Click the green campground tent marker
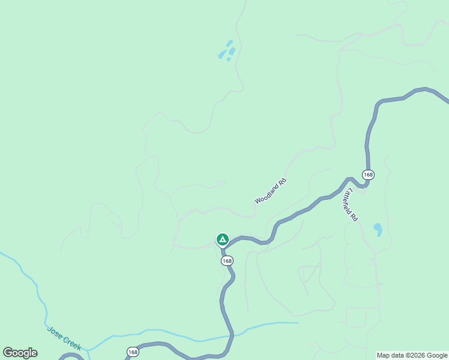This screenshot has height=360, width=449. (222, 240)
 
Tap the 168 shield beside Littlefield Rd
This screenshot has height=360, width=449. (368, 175)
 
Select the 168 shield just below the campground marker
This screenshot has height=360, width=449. (227, 261)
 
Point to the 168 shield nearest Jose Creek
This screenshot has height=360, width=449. (133, 352)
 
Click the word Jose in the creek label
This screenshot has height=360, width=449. (55, 331)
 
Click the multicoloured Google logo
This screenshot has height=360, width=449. (20, 353)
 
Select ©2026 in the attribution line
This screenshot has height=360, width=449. (416, 355)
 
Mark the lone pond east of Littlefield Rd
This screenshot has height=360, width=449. (378, 230)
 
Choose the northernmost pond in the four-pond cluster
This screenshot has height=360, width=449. (229, 43)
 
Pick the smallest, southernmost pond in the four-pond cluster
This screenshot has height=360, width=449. (228, 59)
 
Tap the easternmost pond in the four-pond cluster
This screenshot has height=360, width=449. (232, 51)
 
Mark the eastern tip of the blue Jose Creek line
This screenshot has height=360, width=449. (298, 323)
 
